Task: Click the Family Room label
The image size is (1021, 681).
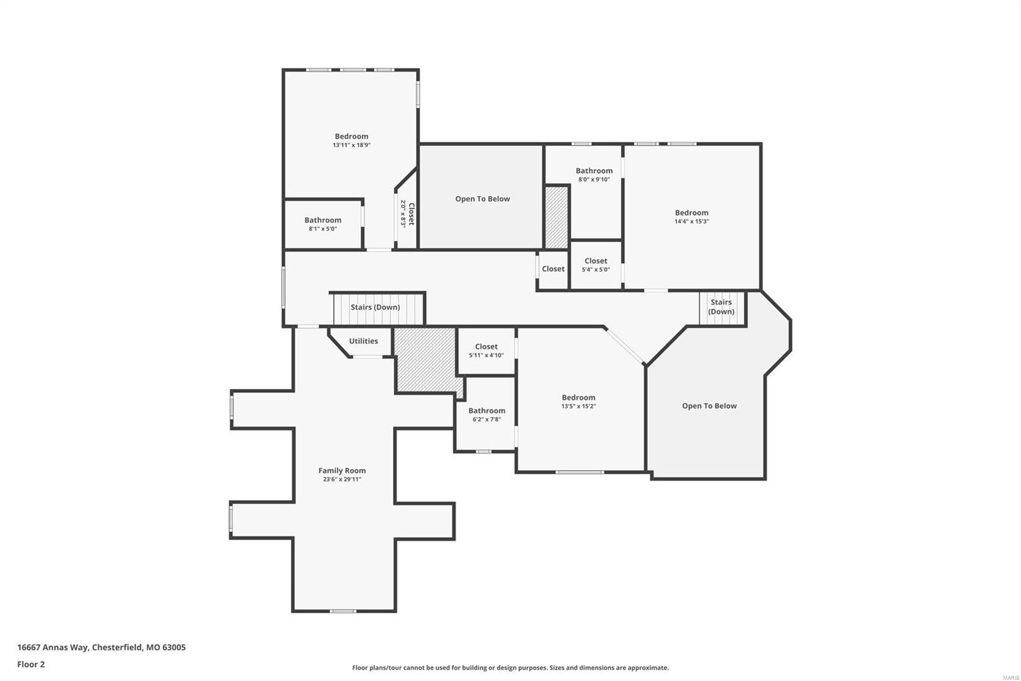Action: [342, 471]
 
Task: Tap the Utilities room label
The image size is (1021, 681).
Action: [363, 341]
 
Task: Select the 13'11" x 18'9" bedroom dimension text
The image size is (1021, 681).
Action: [351, 145]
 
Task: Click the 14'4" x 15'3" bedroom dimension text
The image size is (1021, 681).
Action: [692, 222]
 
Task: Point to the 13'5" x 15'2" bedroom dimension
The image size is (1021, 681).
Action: [578, 406]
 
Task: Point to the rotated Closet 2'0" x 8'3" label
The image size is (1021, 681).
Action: [407, 214]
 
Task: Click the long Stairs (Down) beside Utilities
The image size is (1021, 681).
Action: [375, 307]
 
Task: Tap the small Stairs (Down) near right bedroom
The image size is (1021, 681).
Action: [721, 307]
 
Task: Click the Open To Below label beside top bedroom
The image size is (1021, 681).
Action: [482, 199]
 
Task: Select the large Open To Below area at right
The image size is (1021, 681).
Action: [709, 406]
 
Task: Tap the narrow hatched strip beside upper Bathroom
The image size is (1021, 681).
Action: [556, 217]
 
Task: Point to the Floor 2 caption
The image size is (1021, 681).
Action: [31, 664]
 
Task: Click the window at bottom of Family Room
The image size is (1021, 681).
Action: [343, 611]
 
